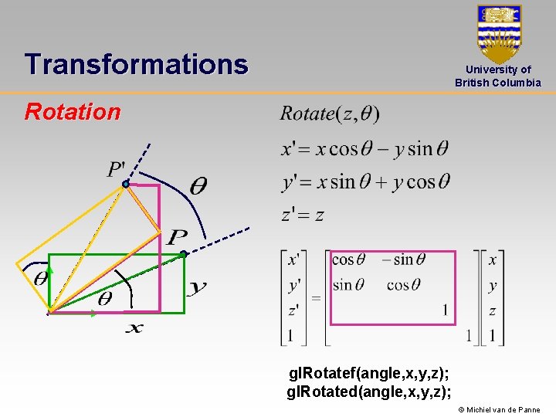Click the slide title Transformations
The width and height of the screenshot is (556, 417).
136,64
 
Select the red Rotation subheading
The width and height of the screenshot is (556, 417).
73,112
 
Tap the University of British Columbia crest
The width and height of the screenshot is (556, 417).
499,34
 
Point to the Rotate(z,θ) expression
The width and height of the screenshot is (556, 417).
330,114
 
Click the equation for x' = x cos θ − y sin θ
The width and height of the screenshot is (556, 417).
364,148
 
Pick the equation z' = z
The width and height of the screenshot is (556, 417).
303,215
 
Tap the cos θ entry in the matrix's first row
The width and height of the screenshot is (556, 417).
348,260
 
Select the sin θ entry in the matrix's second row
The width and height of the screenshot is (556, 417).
348,286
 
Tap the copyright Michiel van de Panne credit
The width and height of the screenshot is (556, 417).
499,410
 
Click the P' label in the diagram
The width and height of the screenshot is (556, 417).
117,168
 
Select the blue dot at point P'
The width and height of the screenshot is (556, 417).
125,184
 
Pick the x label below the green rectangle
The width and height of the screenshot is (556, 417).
134,328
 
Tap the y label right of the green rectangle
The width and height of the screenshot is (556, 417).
197,288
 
